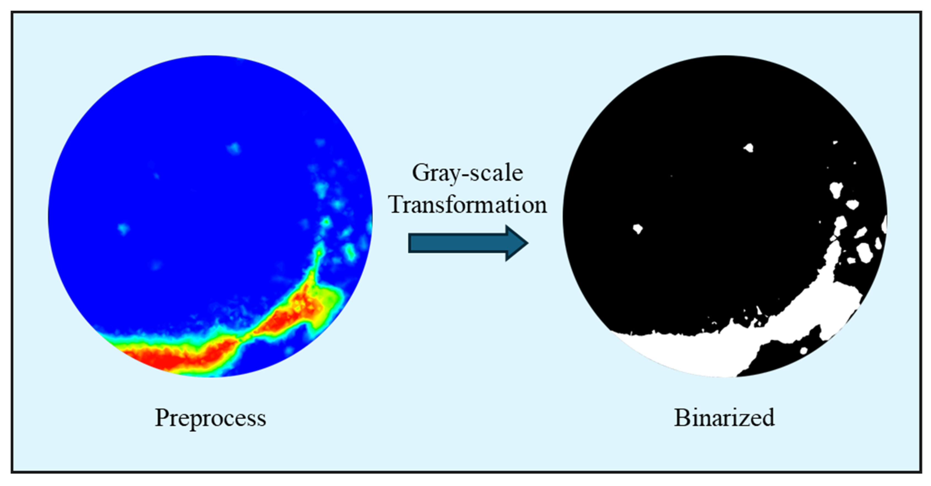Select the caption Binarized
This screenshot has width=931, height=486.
coord(724,418)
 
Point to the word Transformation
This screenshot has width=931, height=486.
coord(467,204)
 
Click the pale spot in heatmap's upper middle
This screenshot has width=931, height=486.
coord(234,148)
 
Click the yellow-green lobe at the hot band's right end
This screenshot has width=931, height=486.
coord(327,304)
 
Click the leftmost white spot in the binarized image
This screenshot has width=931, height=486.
coord(638,229)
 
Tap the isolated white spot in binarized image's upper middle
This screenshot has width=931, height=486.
coord(749,148)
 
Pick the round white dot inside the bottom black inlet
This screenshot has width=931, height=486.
coord(803,351)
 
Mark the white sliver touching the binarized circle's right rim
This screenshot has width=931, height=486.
coord(884,224)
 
